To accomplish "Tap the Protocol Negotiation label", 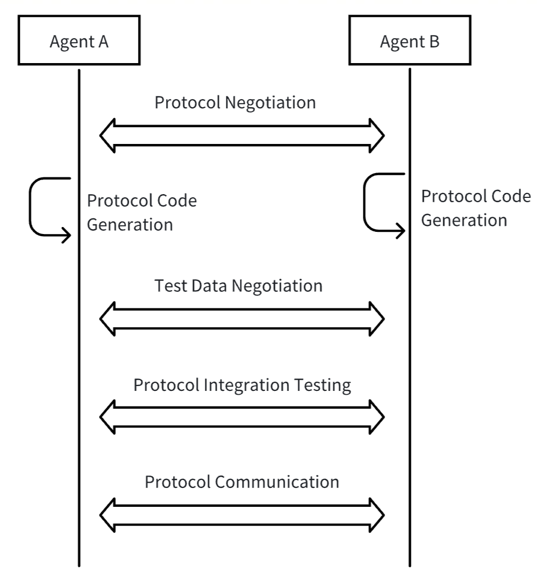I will pos(235,102).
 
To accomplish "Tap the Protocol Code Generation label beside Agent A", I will pos(142,212).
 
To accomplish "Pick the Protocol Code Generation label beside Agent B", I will pos(476,208).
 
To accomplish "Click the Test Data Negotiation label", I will pos(238,285).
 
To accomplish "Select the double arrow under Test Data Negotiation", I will pos(242,319).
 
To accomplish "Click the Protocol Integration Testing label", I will pos(242,385).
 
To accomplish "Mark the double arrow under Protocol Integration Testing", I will pos(242,416).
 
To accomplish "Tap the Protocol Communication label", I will pos(242,481).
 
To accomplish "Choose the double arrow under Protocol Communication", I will pos(242,514).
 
